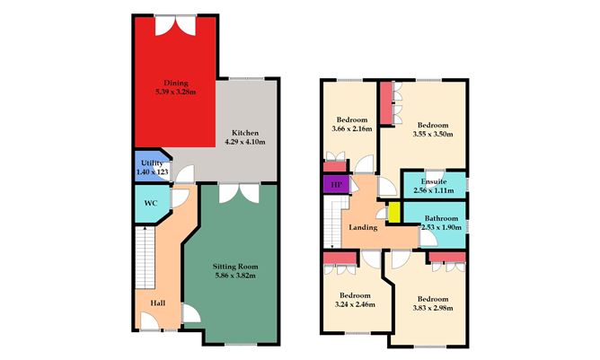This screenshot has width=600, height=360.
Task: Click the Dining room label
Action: [x=176, y=83]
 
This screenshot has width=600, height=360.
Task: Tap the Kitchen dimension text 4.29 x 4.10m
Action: [x=245, y=142]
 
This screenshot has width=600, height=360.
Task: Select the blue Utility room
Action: [x=152, y=166]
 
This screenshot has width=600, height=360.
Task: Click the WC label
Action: [x=150, y=204]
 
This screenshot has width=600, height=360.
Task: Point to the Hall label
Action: [x=158, y=303]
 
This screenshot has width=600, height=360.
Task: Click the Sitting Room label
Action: [x=235, y=267]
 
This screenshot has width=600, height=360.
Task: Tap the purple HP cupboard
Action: [x=336, y=184]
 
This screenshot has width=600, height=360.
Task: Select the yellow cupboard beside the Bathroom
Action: [x=394, y=212]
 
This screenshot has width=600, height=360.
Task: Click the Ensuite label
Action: [x=434, y=181]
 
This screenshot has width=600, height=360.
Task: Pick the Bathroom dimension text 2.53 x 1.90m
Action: [x=442, y=227]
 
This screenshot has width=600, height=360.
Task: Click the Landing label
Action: [x=363, y=227]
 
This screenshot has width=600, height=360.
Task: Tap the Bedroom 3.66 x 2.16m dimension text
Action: [x=352, y=128]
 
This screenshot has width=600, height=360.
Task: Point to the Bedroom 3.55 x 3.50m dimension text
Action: [x=433, y=134]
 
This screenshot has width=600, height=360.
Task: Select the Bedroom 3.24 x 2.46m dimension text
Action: [x=355, y=304]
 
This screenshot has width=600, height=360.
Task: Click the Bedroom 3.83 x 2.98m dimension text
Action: [x=433, y=308]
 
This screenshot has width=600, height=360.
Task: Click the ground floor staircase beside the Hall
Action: [x=145, y=258]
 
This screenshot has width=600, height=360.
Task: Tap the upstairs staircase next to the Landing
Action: [x=333, y=222]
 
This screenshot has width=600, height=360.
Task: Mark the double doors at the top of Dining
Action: [x=176, y=26]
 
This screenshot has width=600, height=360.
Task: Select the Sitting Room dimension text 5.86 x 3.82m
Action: [x=235, y=276]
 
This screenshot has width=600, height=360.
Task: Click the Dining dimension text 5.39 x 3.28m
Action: [x=176, y=92]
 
